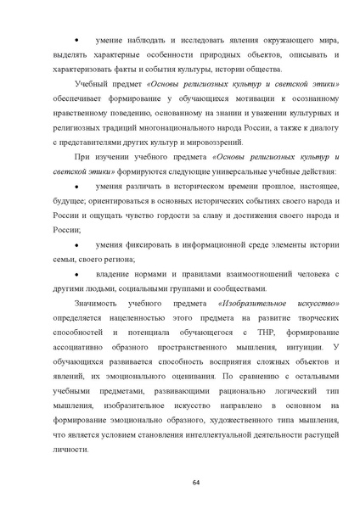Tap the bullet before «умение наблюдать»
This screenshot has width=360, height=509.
pyautogui.click(x=79, y=40)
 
